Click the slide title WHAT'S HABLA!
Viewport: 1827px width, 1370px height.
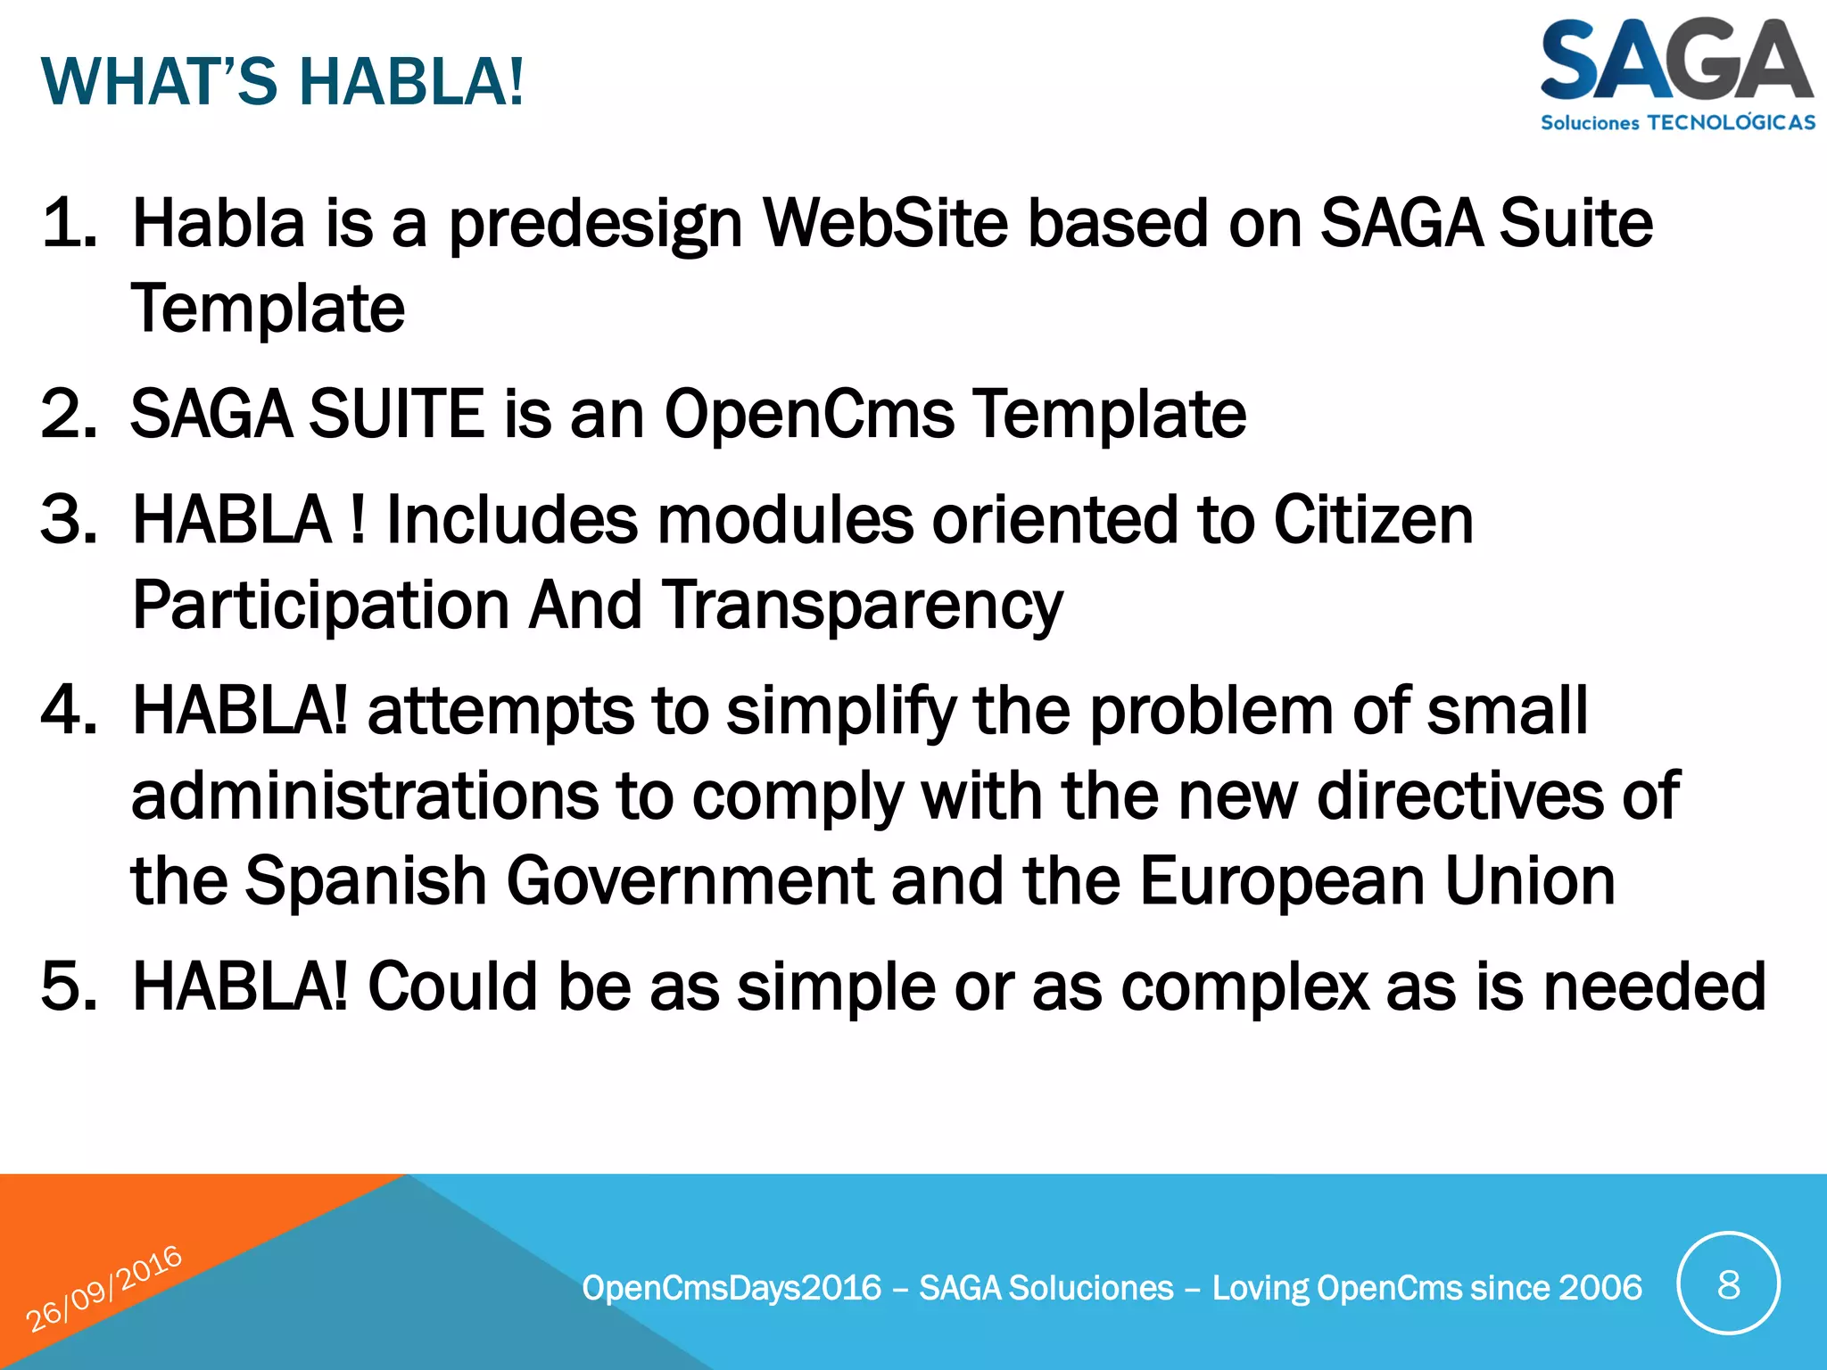point(283,82)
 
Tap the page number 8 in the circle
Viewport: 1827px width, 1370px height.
point(1728,1285)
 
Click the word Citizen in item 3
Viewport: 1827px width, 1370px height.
point(1373,519)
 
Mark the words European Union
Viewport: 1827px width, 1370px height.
point(1377,881)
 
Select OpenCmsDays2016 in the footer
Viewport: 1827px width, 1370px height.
point(732,1288)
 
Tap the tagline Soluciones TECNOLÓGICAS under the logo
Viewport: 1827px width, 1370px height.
point(1677,123)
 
